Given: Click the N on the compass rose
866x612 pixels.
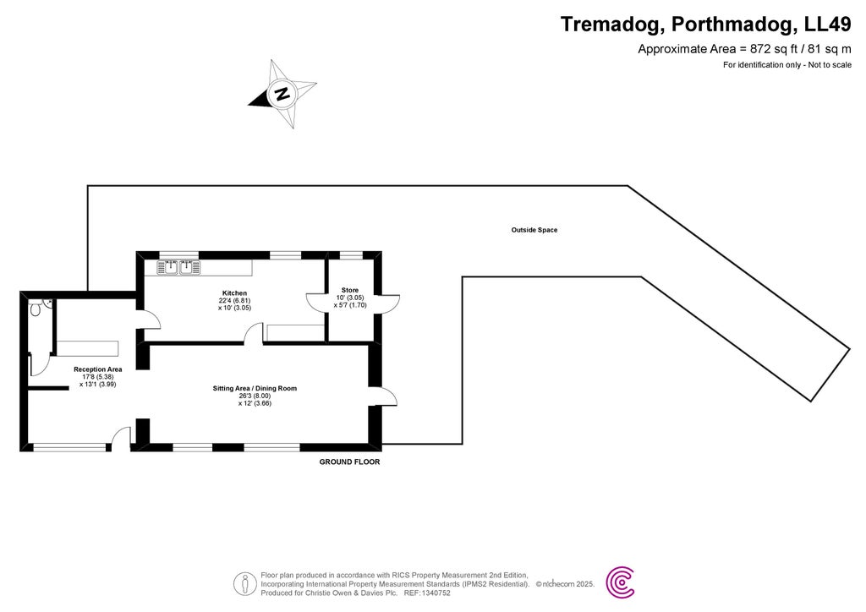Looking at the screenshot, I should pyautogui.click(x=282, y=94).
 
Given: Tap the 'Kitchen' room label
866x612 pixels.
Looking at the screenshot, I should pyautogui.click(x=234, y=293).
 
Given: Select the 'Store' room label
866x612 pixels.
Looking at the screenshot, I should pyautogui.click(x=349, y=290).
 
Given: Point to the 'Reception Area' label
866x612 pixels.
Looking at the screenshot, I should pyautogui.click(x=98, y=369).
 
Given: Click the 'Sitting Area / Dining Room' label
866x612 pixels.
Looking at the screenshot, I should pyautogui.click(x=255, y=389).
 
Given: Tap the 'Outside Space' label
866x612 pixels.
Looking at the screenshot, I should pyautogui.click(x=534, y=230).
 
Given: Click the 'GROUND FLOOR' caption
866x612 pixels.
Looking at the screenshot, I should pyautogui.click(x=349, y=462).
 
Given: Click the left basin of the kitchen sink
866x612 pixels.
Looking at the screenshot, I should pyautogui.click(x=169, y=268).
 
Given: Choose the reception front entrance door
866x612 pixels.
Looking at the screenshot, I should pyautogui.click(x=120, y=438).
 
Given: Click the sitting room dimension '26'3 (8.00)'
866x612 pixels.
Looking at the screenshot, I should pyautogui.click(x=255, y=396).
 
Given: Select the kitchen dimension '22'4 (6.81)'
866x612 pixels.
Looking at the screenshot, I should pyautogui.click(x=234, y=301).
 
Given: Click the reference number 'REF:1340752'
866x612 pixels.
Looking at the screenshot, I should pyautogui.click(x=428, y=593).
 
